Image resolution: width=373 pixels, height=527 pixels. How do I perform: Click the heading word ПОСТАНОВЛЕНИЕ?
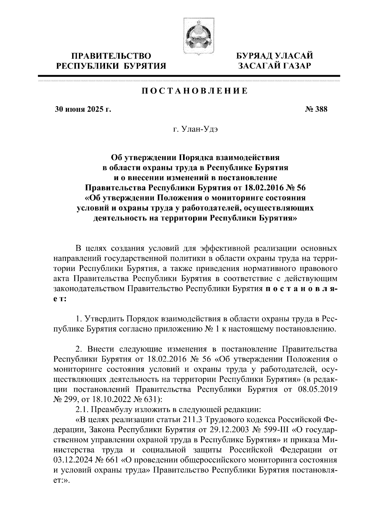pyautogui.click(x=195, y=91)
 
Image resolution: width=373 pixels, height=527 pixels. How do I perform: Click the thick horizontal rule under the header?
pyautogui.click(x=189, y=76)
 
